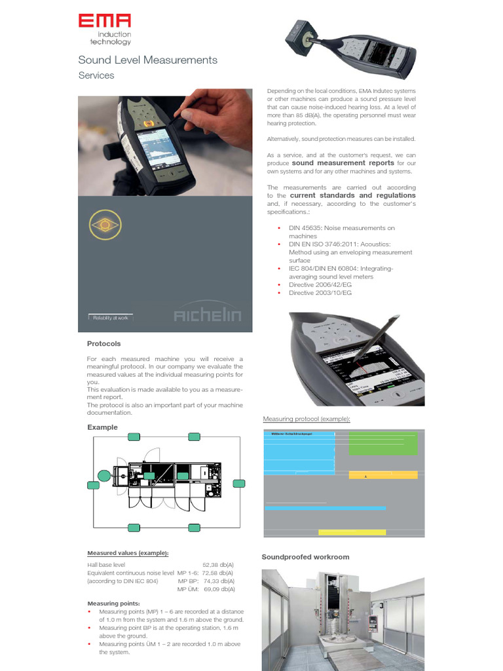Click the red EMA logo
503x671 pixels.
(x=105, y=22)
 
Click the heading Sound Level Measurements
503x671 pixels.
(x=147, y=60)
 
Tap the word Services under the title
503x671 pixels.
(x=96, y=75)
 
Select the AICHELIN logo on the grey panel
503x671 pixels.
(x=207, y=316)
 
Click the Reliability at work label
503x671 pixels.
(x=109, y=317)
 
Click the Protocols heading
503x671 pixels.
(x=103, y=343)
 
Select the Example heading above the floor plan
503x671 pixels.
(x=102, y=427)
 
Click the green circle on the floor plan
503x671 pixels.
(x=103, y=476)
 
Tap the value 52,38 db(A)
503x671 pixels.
(x=217, y=564)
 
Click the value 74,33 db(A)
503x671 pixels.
(x=217, y=581)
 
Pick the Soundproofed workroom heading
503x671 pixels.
(x=305, y=557)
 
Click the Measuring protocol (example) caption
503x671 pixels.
(x=307, y=419)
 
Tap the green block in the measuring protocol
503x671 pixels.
(x=382, y=444)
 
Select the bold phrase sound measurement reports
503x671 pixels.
(x=343, y=163)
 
